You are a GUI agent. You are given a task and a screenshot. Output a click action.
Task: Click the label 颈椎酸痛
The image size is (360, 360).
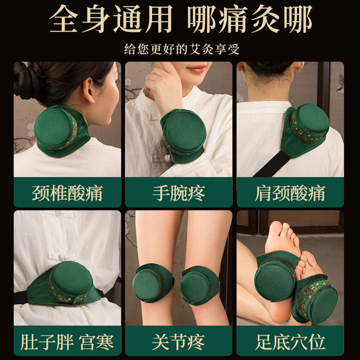67,193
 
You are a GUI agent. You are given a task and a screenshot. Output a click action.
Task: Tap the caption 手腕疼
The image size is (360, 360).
179,193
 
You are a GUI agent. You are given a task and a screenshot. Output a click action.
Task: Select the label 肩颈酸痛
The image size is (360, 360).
290,193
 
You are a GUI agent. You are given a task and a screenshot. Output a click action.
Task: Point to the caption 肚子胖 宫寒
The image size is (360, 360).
67,342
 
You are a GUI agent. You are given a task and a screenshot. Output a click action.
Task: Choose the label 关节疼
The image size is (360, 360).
179,342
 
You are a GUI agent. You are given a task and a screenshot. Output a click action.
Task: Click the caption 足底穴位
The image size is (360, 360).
290,342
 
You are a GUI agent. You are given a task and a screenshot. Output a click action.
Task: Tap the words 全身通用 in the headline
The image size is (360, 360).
110,20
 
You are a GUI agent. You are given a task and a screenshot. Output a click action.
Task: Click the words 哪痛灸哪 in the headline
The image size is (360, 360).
250,20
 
